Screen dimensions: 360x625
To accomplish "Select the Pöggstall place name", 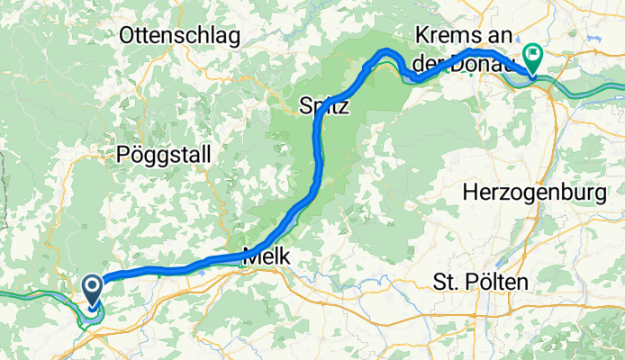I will (x=164, y=155).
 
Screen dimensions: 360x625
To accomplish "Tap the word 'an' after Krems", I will (x=496, y=35).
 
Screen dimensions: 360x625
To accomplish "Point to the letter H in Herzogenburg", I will (x=469, y=193).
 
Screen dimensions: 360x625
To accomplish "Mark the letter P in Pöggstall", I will (x=123, y=155).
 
